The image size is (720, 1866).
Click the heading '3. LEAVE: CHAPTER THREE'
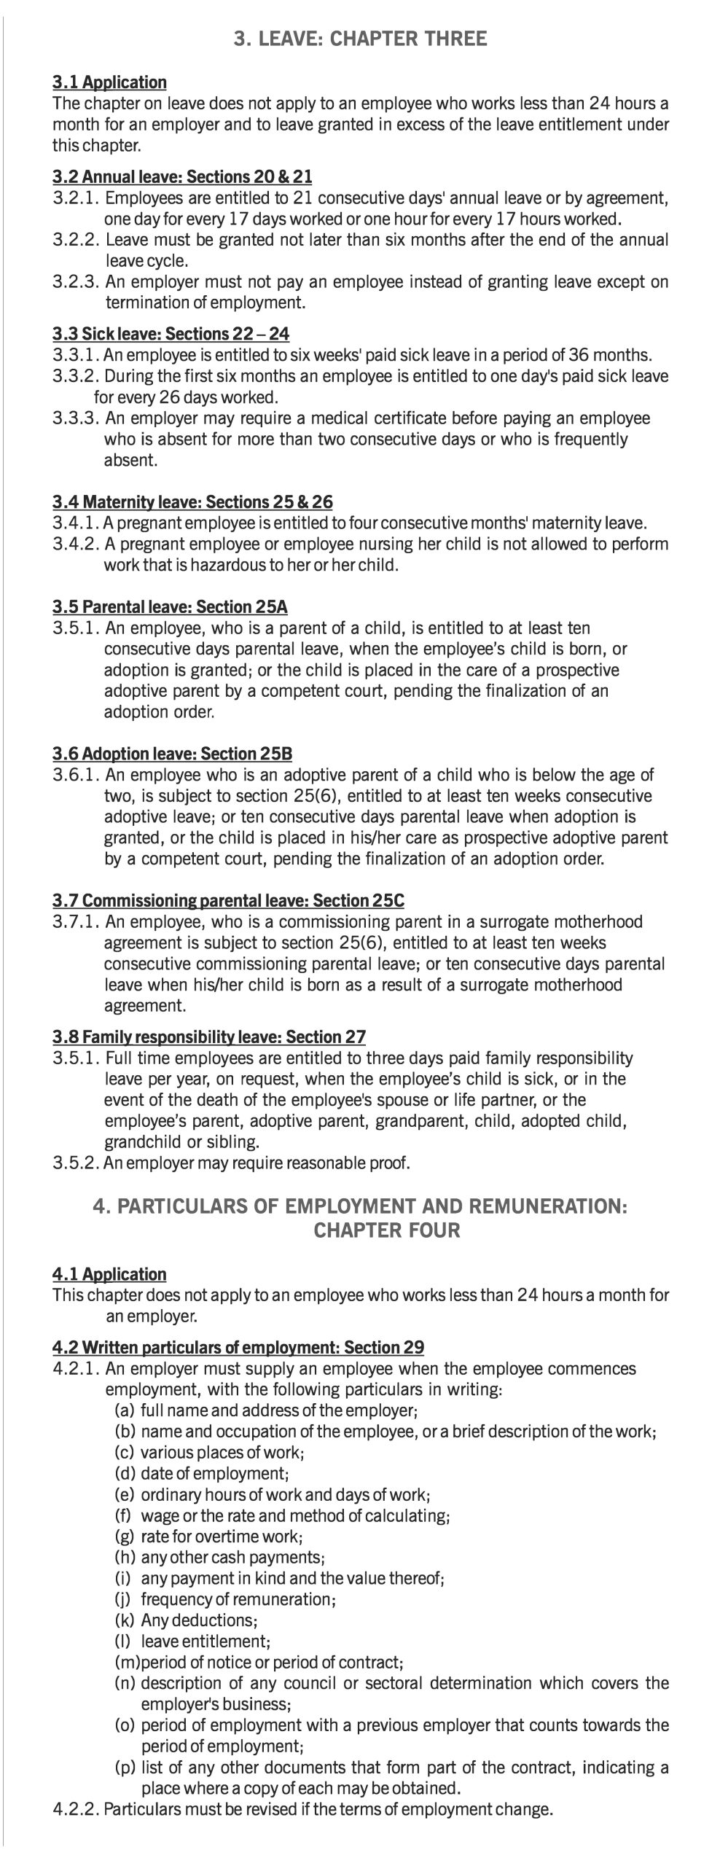coord(360,39)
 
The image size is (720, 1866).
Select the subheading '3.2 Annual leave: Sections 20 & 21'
coord(182,176)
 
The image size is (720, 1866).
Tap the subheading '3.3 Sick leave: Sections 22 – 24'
coord(171,334)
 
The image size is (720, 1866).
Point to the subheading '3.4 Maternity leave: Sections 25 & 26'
coord(192,501)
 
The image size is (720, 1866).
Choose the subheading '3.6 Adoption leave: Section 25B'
coord(172,753)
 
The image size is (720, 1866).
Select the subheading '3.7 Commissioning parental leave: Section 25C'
coord(228,900)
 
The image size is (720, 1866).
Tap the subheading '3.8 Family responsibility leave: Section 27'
coord(209,1037)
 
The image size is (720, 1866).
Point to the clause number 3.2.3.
coord(76,282)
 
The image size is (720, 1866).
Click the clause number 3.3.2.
coord(76,377)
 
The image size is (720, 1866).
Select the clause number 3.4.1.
coord(76,523)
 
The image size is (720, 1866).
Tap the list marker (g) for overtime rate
coord(125,1537)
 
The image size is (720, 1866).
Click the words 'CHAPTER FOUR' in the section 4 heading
coord(386,1230)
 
